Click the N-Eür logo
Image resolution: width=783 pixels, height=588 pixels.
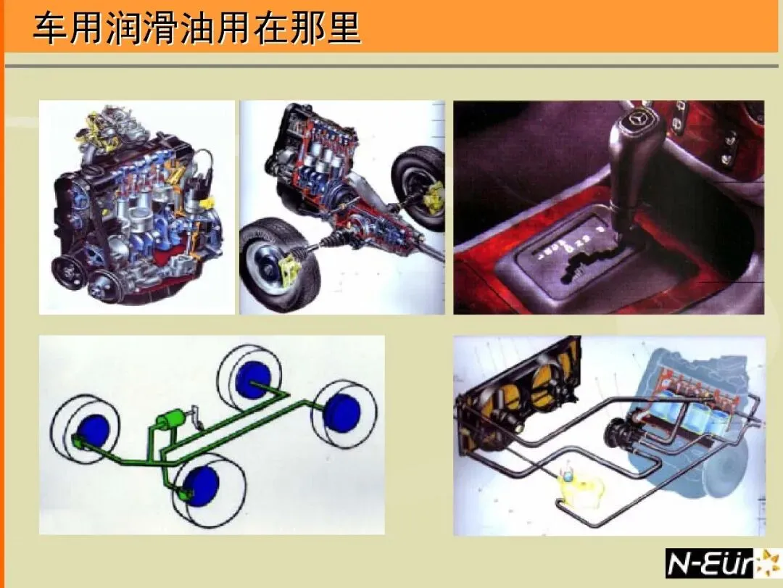[723, 563]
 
